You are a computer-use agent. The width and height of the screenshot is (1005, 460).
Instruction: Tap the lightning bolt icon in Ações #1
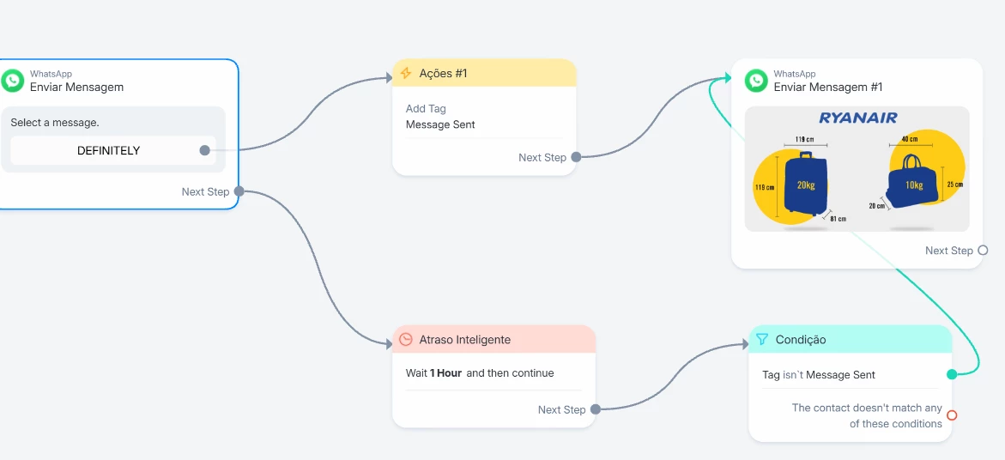[x=405, y=74]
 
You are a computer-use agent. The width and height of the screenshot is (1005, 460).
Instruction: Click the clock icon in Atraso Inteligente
[x=406, y=340]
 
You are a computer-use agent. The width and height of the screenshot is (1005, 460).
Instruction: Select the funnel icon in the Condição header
[x=762, y=340]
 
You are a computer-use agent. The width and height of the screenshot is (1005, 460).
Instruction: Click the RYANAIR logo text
[x=858, y=118]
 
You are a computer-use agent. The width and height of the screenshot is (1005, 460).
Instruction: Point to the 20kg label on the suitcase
[x=806, y=185]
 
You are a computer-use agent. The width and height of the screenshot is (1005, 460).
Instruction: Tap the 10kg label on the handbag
[x=914, y=185]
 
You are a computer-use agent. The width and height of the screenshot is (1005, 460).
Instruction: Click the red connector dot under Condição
[x=952, y=415]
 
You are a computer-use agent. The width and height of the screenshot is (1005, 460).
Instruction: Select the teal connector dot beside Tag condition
[x=952, y=374]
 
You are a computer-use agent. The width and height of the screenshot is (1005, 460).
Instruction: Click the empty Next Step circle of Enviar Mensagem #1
[x=983, y=251]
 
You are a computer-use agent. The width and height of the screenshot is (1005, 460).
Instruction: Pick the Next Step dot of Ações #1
[x=576, y=157]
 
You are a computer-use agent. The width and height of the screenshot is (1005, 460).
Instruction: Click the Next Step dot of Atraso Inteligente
[x=596, y=409]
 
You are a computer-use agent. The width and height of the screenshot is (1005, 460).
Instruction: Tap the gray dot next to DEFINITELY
[x=204, y=150]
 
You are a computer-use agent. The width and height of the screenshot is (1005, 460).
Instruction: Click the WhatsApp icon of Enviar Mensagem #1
[x=756, y=81]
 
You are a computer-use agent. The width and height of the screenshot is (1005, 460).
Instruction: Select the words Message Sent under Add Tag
[x=440, y=125]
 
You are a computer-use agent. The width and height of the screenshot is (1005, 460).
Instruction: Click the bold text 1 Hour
[x=445, y=372]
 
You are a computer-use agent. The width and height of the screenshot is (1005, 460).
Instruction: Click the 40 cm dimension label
[x=910, y=138]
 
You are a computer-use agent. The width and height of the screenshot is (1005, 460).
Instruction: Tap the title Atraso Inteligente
[x=464, y=340]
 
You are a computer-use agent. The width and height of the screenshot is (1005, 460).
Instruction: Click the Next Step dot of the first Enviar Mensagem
[x=239, y=191]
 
